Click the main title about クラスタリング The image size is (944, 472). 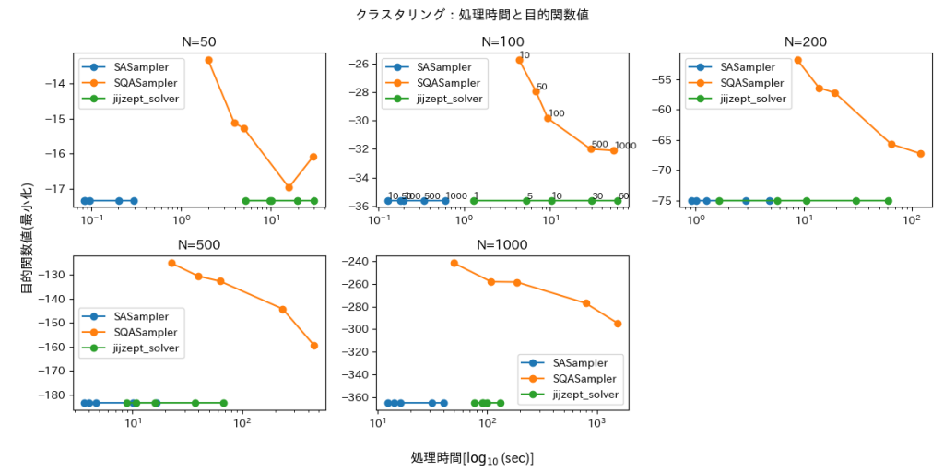click(x=472, y=15)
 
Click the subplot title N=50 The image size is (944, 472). click(x=200, y=41)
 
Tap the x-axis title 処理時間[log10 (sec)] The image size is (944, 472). click(x=472, y=458)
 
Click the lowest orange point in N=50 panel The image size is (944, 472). click(x=289, y=187)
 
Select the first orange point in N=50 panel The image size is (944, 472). click(x=208, y=60)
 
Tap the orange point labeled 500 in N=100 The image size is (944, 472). click(x=592, y=148)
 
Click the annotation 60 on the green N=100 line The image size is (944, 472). click(x=623, y=196)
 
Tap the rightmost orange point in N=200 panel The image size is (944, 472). click(x=920, y=154)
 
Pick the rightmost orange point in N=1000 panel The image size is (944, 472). click(x=618, y=324)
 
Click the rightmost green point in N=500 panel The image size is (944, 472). click(x=223, y=403)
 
